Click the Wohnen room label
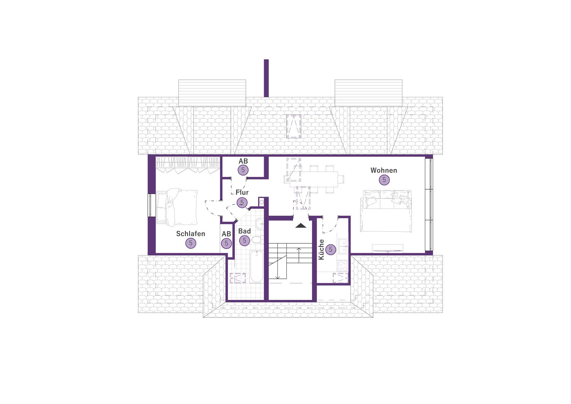[384, 170]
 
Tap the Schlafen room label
[191, 234]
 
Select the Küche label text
[321, 250]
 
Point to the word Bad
[244, 231]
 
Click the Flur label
[242, 192]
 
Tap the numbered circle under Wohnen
[384, 180]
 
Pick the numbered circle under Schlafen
[191, 243]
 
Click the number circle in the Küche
[331, 250]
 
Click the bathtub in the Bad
[257, 267]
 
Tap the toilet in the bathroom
[257, 240]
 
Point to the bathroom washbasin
[260, 224]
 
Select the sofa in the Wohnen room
[386, 211]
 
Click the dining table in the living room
[314, 179]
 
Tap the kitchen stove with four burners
[343, 266]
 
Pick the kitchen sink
[343, 246]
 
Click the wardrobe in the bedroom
[188, 165]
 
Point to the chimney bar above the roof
[266, 78]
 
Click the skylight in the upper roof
[294, 126]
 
